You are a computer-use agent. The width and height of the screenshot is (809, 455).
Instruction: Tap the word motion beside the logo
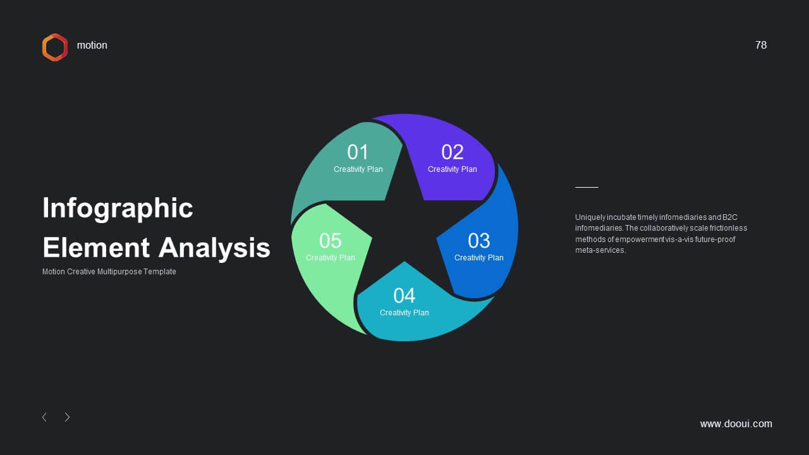click(92, 45)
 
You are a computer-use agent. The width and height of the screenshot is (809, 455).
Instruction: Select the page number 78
click(760, 45)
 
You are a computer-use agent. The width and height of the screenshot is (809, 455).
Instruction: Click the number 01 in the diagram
click(358, 152)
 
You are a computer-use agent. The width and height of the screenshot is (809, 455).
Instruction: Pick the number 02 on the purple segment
click(452, 152)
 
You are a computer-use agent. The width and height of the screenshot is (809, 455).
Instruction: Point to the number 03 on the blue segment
click(479, 241)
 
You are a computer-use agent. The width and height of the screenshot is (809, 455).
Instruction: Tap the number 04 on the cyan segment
click(404, 296)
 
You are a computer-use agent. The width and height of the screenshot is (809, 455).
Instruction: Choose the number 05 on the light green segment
click(330, 241)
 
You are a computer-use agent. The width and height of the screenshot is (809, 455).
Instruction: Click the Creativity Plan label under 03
click(479, 257)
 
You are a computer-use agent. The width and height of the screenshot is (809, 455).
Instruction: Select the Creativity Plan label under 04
click(404, 313)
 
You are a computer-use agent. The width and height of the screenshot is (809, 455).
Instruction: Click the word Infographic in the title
click(118, 209)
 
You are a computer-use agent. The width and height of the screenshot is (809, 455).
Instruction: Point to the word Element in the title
click(96, 248)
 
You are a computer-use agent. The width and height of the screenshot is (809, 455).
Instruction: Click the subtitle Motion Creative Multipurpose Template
click(109, 272)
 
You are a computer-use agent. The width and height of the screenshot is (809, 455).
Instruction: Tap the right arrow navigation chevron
click(67, 417)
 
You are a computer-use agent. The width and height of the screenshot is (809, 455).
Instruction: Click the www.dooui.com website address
click(736, 423)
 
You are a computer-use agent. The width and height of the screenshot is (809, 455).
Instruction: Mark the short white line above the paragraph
click(587, 188)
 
